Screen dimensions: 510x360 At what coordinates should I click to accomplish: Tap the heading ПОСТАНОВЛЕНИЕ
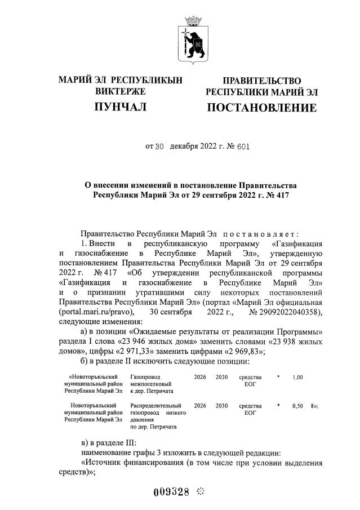(x=261, y=107)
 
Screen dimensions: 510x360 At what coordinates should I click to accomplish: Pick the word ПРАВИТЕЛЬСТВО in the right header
(x=261, y=81)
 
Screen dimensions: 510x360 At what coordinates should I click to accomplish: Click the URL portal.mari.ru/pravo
(x=96, y=311)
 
